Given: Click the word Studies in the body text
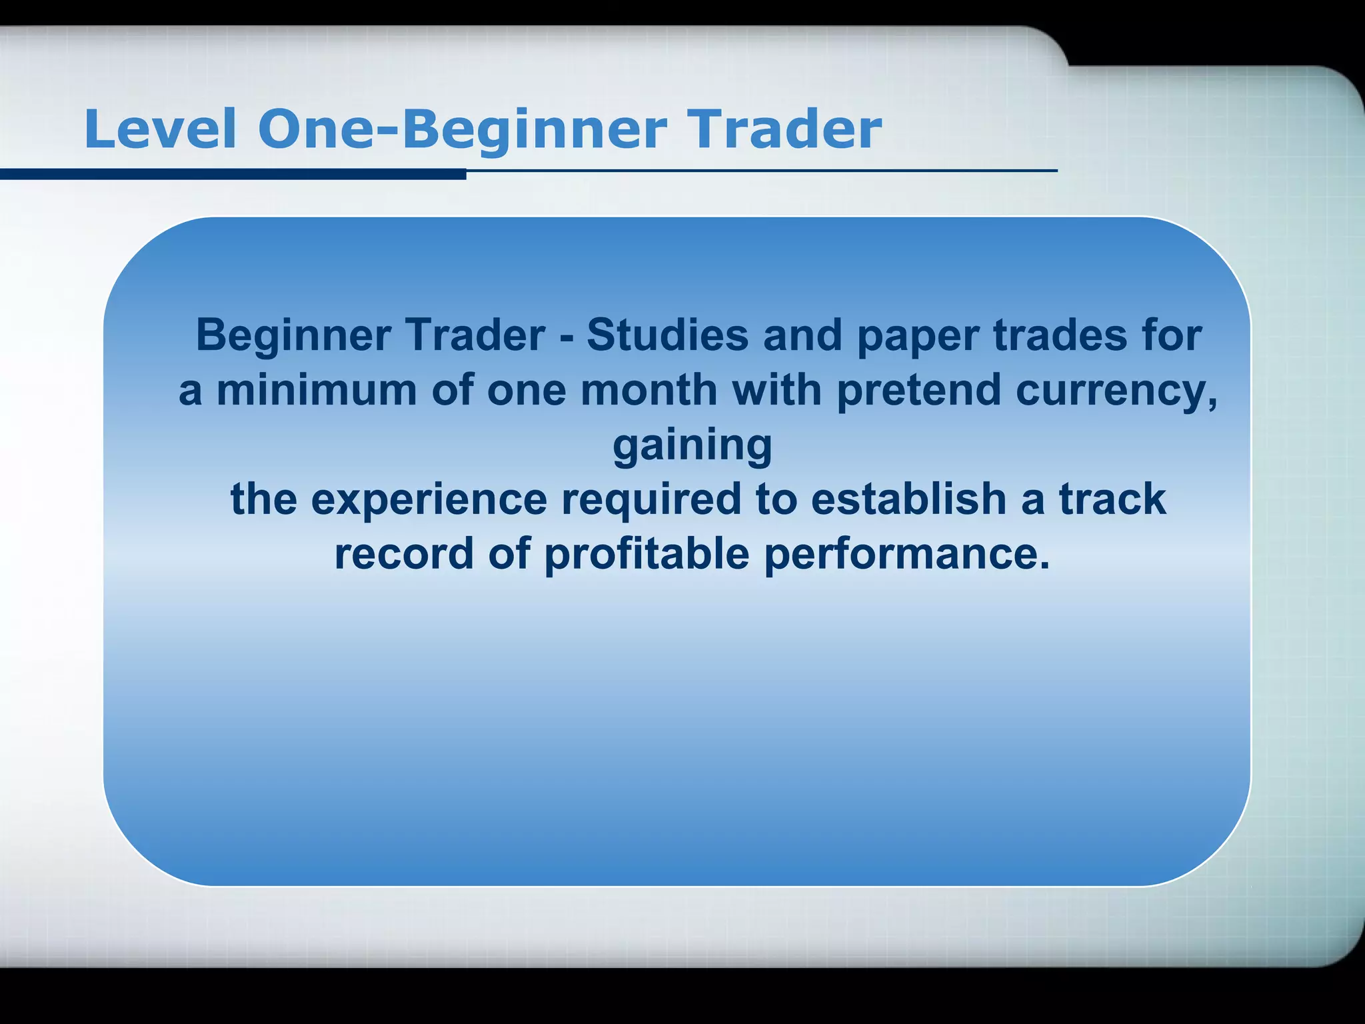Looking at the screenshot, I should coord(667,335).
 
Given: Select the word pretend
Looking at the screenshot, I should coord(918,391).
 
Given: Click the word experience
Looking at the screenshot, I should coord(429,500).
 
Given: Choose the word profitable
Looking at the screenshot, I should coord(646,555).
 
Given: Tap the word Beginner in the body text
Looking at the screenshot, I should coord(293,336).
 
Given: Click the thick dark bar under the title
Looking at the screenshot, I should coord(233,175).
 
